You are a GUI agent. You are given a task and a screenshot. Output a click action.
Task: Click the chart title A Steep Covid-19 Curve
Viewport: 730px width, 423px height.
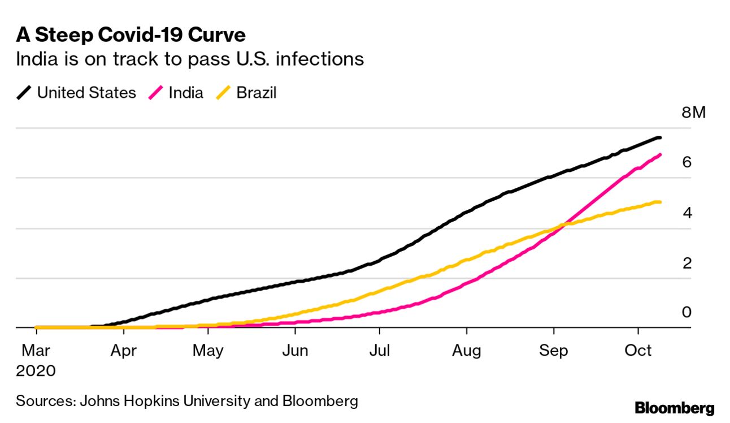131,35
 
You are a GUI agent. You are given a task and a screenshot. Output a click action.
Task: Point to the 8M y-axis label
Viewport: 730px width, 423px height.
694,113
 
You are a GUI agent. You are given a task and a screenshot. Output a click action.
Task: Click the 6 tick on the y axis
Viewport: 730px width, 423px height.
686,162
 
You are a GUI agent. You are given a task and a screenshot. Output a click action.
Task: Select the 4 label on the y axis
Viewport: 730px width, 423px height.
686,213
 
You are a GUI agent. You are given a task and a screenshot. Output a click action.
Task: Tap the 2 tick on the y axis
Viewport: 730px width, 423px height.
686,263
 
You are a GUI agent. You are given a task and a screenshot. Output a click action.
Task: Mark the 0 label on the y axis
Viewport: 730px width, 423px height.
686,313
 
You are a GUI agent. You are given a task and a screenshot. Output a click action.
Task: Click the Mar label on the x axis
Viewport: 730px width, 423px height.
36,351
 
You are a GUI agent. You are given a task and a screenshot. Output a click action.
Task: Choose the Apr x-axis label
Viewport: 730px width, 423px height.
123,351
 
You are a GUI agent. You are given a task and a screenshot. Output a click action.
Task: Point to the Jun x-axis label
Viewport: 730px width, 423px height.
295,351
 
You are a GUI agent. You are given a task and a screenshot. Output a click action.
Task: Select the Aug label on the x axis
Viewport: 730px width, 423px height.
466,351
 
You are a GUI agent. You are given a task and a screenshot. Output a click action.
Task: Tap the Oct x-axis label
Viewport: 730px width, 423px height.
638,351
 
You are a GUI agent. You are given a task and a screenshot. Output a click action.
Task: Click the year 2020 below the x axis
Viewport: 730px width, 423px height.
36,372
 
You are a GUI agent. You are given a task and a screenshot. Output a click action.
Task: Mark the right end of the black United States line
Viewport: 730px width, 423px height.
659,138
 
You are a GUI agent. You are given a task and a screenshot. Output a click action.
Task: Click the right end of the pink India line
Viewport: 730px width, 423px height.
660,155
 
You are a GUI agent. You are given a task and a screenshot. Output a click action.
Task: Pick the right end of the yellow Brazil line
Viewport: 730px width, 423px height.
660,202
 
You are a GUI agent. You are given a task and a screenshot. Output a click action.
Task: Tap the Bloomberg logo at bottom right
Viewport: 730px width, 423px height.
675,408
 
